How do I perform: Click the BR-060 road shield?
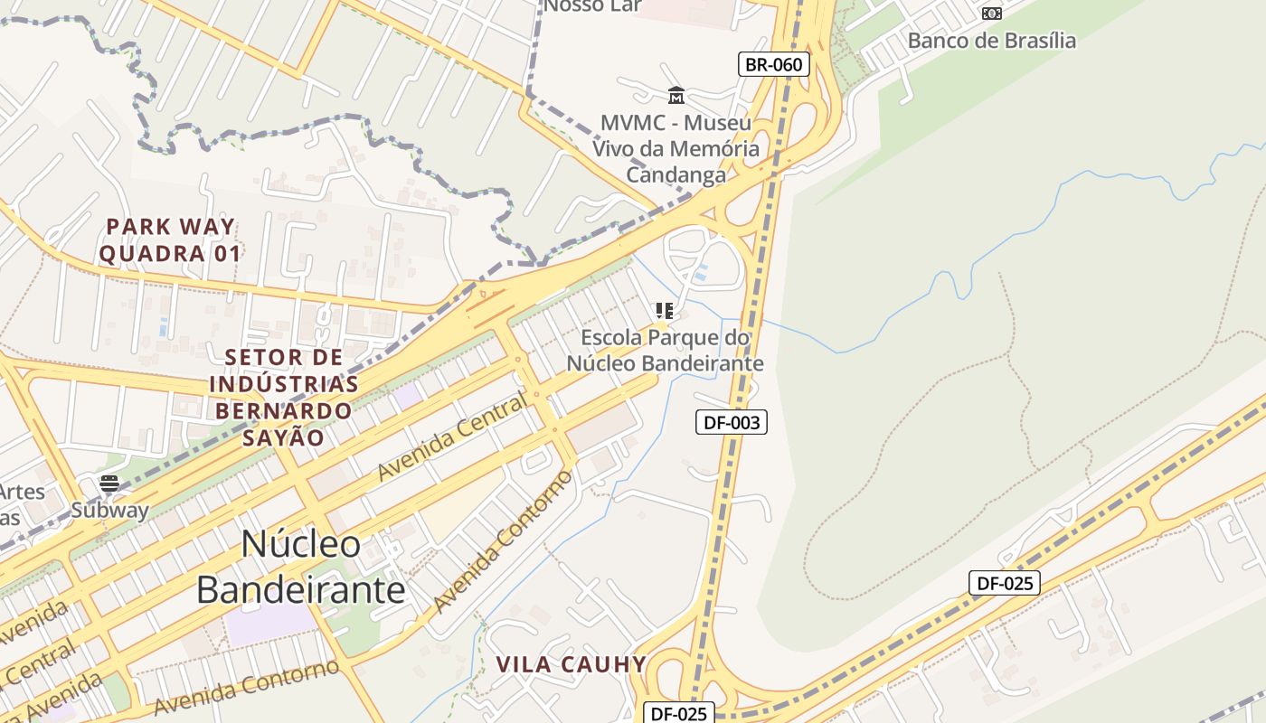773,64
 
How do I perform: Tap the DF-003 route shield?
731,422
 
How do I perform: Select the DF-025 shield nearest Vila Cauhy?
678,713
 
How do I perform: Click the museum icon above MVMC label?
676,95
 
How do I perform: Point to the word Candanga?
676,175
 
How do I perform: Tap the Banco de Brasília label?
992,41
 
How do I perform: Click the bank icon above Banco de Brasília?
992,14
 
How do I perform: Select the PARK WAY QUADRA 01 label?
170,239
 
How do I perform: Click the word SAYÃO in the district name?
283,437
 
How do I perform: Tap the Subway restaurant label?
109,510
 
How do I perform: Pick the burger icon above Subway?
109,484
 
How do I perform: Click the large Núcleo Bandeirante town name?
301,567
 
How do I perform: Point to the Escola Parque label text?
665,350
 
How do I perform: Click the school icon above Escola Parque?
665,311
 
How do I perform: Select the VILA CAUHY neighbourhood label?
572,665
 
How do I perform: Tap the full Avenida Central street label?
451,438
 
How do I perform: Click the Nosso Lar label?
592,6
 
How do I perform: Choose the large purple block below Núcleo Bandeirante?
269,624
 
